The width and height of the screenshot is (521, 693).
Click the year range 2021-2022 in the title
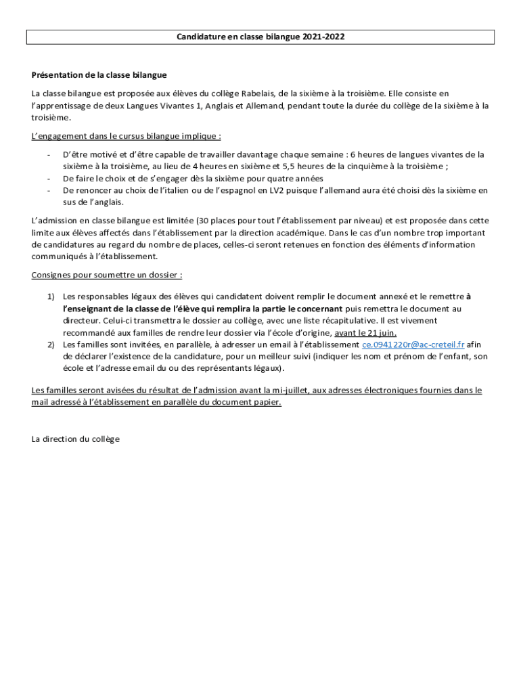click(323, 37)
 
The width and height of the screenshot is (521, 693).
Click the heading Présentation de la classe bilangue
click(99, 74)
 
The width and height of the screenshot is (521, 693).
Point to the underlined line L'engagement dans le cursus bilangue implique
click(127, 136)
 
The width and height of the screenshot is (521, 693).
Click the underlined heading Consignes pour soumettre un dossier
click(107, 275)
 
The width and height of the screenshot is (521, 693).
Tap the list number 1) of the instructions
click(51, 296)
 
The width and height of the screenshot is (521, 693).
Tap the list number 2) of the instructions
click(51, 345)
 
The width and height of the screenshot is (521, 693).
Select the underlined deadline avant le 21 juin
click(365, 333)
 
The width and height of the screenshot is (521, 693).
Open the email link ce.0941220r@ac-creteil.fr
click(413, 345)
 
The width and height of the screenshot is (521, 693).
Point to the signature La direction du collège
click(76, 439)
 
